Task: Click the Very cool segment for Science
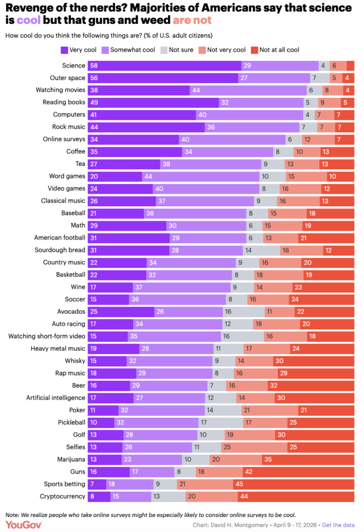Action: [x=165, y=65]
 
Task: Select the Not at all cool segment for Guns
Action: [x=299, y=472]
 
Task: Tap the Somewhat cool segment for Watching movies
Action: [x=248, y=90]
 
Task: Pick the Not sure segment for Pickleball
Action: [x=221, y=422]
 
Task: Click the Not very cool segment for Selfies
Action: [x=254, y=447]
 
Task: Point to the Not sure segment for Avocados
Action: [x=244, y=312]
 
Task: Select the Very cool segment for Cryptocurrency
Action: [x=99, y=496]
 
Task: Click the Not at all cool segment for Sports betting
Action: [x=294, y=484]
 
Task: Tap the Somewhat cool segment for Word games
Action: [x=200, y=177]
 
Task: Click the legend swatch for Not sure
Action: [x=164, y=50]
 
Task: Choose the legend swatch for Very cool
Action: [x=64, y=50]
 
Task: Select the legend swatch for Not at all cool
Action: [x=254, y=50]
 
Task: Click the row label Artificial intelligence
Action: [x=56, y=397]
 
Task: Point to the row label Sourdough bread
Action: [x=60, y=250]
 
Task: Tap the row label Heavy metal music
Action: [x=58, y=349]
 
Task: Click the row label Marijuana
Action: [x=71, y=459]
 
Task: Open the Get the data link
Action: [x=338, y=525]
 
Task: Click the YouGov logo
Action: [x=24, y=525]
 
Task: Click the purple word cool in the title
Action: [x=29, y=20]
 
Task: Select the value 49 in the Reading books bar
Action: [x=94, y=102]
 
